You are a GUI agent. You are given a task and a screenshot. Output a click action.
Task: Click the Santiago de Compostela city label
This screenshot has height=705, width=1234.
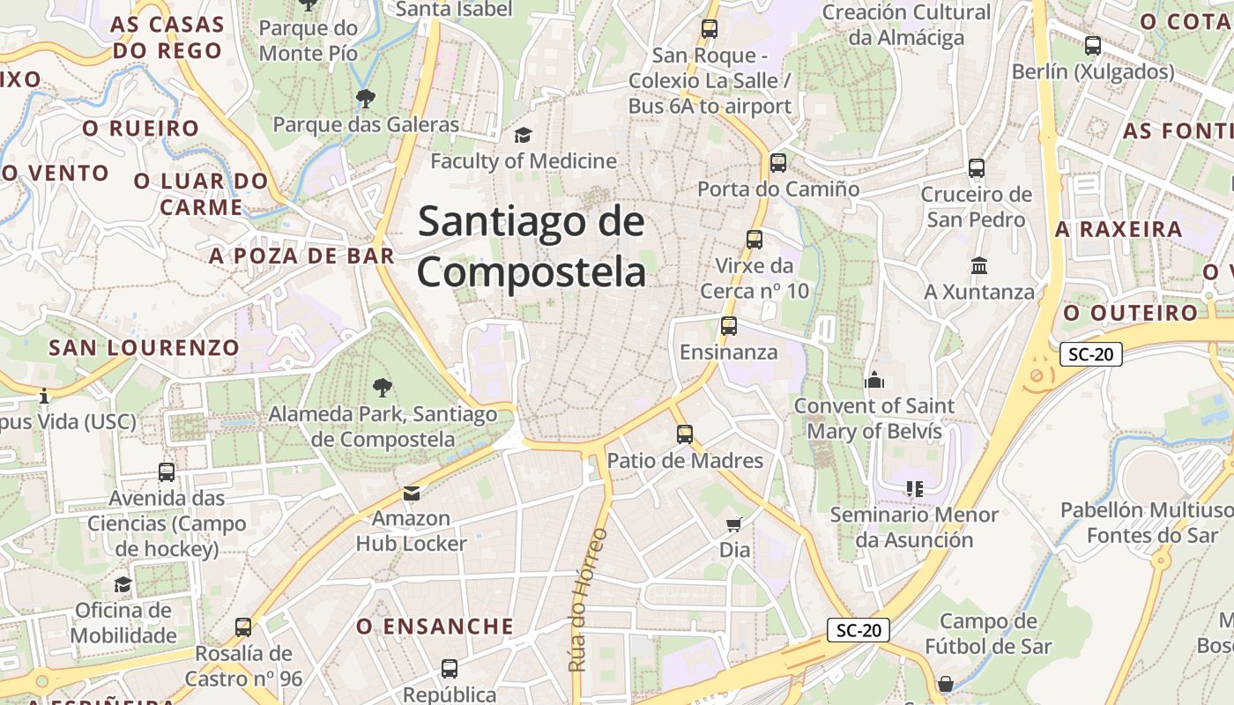(x=532, y=247)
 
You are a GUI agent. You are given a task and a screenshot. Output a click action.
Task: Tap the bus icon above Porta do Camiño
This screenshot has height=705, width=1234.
(x=777, y=162)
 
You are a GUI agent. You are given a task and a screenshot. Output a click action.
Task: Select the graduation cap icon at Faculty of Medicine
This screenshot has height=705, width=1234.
(x=523, y=135)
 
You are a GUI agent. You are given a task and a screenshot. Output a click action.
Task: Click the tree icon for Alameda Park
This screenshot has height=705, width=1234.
(x=382, y=387)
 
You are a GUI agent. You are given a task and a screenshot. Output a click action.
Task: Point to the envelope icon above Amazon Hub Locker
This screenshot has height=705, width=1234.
(x=411, y=493)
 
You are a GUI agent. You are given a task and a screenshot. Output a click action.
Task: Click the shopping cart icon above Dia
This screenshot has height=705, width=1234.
(x=734, y=525)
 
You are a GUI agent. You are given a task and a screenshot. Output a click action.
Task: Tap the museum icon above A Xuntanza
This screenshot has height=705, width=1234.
(x=979, y=265)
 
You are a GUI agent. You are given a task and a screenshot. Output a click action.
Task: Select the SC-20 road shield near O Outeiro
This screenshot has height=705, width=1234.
(x=1090, y=354)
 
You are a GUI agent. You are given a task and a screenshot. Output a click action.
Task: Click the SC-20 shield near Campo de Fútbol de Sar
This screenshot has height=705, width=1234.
(x=859, y=630)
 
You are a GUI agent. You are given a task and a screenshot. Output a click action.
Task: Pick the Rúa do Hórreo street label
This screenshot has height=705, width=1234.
(x=589, y=599)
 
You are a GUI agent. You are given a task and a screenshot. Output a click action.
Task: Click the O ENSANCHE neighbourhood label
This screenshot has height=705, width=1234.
(x=435, y=627)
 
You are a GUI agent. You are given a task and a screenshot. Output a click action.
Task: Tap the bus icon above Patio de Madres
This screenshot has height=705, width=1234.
(x=685, y=434)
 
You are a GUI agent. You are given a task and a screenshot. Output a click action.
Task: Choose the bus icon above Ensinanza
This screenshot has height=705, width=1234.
(x=728, y=326)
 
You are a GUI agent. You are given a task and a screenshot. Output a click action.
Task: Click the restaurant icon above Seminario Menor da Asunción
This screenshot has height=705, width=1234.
(x=914, y=488)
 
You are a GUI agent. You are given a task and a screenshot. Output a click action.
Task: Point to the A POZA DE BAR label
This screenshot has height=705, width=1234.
(x=301, y=256)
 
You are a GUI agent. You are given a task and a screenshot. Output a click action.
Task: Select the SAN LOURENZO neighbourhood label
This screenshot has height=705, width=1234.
(x=144, y=347)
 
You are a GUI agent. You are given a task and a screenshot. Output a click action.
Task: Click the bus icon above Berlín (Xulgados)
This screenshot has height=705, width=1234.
(x=1093, y=46)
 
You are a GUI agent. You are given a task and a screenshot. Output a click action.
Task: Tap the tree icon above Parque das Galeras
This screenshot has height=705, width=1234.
(x=365, y=98)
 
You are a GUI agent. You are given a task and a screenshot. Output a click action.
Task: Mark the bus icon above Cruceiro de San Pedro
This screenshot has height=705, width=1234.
(x=976, y=167)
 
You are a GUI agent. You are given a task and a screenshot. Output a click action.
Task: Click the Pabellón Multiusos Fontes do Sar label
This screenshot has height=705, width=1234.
(x=1146, y=523)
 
